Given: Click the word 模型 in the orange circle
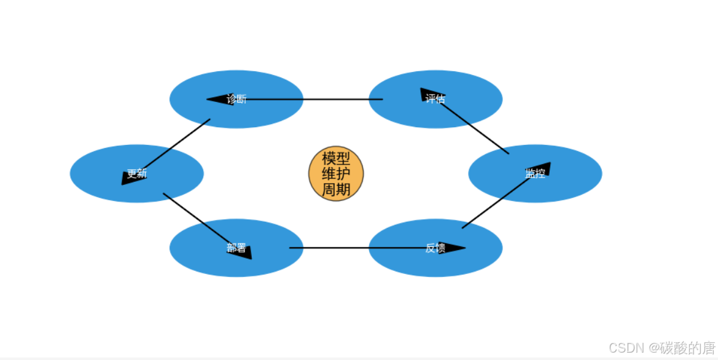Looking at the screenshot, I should pyautogui.click(x=336, y=158).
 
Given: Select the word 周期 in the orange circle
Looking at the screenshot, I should pyautogui.click(x=336, y=189).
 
